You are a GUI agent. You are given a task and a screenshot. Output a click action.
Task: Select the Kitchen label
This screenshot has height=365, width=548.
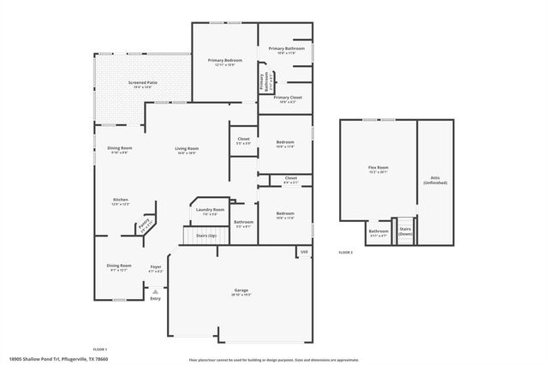[x=120, y=202]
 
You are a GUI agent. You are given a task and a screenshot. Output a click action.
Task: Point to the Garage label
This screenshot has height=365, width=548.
[x=241, y=292]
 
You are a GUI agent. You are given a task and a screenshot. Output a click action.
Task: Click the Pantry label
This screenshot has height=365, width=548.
[x=145, y=226]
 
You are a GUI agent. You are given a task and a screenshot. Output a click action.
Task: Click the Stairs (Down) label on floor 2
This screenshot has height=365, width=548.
[x=404, y=232]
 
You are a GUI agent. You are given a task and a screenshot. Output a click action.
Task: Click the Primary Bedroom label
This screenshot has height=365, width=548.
[x=225, y=63]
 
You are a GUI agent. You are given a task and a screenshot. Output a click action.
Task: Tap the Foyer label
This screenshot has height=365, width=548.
[x=156, y=268]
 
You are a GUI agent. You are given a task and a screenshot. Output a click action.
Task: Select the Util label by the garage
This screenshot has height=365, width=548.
[x=304, y=252]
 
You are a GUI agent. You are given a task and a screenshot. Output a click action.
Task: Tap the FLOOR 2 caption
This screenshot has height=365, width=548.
[x=345, y=252]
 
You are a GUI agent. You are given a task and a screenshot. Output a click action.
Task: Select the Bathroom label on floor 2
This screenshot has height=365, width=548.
[x=378, y=232]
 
